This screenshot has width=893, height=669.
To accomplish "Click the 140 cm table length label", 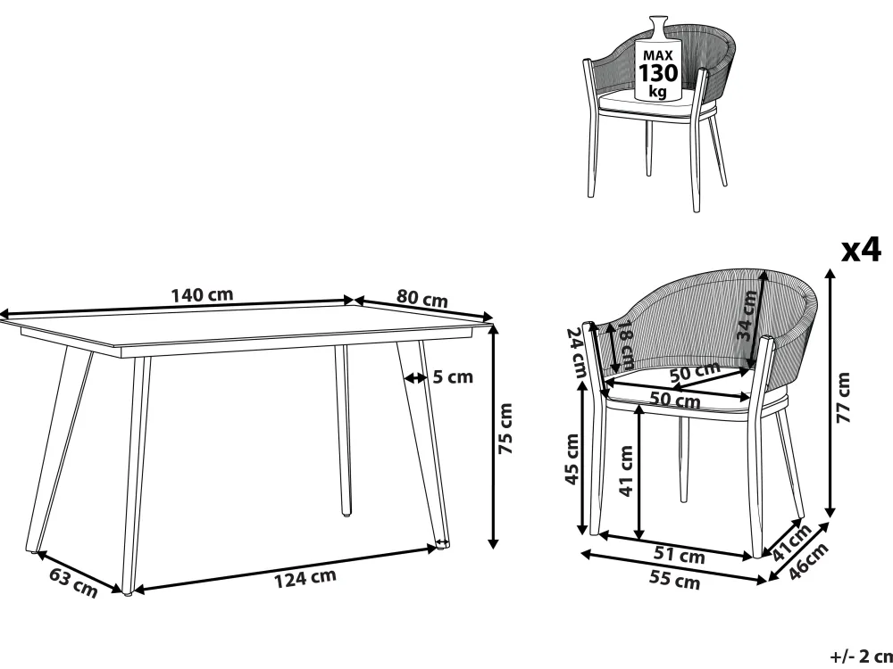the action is [202, 295].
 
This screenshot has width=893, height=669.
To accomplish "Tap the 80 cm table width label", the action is [422, 298].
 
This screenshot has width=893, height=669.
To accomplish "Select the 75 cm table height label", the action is [505, 428].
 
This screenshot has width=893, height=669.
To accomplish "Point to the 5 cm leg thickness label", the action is [453, 376].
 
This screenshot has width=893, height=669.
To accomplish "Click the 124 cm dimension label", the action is [305, 578].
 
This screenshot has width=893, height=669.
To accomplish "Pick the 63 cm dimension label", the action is [73, 582].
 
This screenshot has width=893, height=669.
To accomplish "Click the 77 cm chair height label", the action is [843, 397].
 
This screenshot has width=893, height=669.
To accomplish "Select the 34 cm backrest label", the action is [747, 315].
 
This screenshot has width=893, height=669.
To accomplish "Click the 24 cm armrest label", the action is [576, 352].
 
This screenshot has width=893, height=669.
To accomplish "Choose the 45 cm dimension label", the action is [572, 459].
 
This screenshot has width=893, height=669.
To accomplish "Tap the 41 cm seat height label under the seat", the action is [626, 470].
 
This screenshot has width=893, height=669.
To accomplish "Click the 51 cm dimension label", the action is [680, 555].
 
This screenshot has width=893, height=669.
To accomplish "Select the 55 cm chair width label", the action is [674, 580].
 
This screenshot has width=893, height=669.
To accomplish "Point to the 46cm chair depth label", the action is [808, 561].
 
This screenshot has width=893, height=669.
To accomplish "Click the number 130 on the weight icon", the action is [658, 73].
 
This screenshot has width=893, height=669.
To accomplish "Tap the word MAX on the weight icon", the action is [658, 55].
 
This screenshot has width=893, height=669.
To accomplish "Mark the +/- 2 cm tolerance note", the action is [861, 657].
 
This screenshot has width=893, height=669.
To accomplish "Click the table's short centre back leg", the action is [343, 430].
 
